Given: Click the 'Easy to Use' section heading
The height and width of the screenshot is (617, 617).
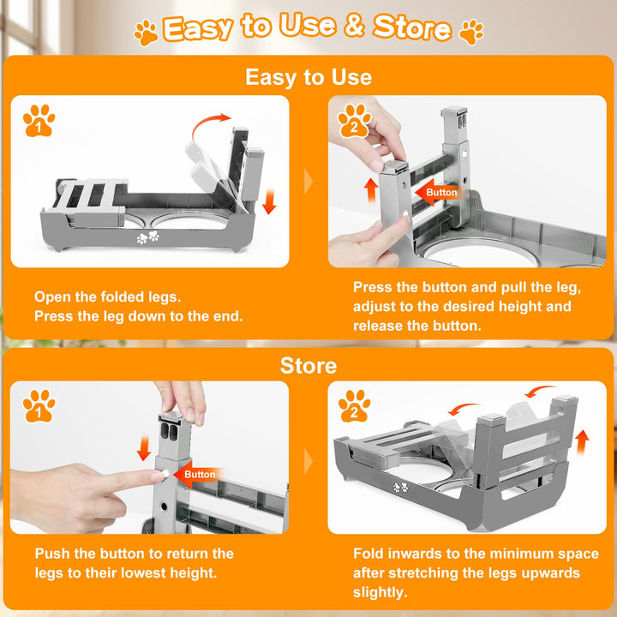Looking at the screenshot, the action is [308, 77].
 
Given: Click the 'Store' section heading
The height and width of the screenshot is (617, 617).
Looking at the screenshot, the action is [308, 366].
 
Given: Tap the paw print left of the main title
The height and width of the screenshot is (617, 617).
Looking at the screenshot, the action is [146, 33].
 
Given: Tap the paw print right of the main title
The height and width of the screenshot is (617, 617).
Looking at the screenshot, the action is [471, 33].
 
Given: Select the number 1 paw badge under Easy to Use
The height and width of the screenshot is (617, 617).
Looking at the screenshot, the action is [39, 121].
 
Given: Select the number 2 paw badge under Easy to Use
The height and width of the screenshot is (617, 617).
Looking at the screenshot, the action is [354, 121].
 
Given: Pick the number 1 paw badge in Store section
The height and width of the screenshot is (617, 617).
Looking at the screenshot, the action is [39, 406].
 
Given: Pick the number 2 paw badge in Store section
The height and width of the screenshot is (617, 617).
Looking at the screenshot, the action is [354, 406].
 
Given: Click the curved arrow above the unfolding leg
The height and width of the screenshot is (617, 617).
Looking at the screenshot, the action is [207, 123].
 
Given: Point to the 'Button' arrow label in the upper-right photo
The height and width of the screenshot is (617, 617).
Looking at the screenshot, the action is [437, 192].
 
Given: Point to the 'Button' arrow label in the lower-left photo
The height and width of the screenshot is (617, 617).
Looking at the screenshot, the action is [196, 474].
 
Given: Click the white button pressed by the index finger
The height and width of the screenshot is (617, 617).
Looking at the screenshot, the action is [165, 473].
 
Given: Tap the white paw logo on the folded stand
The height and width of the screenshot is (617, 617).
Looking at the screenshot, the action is [148, 237].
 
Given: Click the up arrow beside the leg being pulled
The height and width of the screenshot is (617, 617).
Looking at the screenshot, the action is [371, 190].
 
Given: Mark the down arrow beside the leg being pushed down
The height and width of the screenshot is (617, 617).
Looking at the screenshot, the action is [144, 448].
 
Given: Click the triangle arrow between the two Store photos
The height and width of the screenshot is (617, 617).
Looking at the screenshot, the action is [308, 461].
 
